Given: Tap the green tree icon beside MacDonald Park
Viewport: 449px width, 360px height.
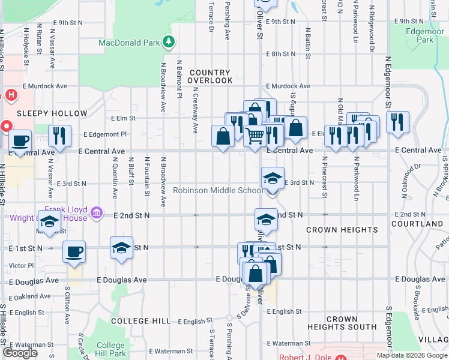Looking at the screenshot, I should pos(170,41).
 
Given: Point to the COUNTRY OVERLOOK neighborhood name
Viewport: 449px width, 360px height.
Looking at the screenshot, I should pos(211,76).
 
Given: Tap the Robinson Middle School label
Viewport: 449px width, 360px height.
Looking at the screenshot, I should pos(217,191).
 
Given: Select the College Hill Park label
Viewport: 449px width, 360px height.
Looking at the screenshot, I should pos(111,349).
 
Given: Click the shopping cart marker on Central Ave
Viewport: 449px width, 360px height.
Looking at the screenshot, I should pos(255,137).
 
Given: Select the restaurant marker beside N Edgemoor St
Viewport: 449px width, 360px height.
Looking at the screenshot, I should pos(397,122).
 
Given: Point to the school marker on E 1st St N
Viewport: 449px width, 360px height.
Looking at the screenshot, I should pos(121,248).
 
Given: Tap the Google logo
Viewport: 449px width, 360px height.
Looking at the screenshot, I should pos(20,353).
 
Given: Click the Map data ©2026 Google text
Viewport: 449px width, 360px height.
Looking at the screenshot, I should pos(411,355).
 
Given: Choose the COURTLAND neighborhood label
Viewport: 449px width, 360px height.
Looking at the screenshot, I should pos(425,224).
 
